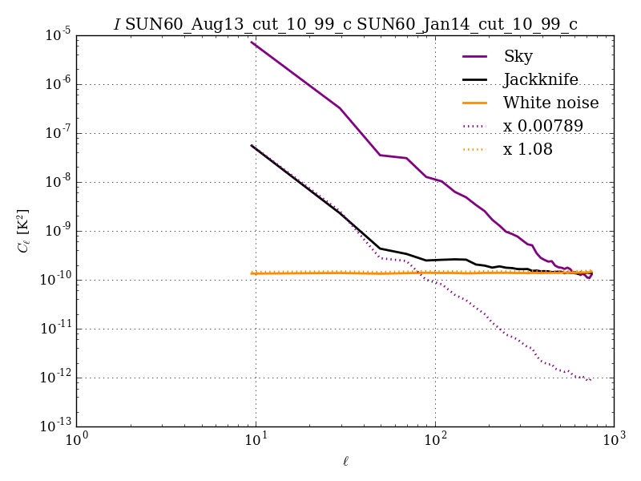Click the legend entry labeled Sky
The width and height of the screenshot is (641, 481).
tap(518, 56)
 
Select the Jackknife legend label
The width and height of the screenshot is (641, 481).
tap(540, 80)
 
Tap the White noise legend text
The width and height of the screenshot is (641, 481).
tap(550, 103)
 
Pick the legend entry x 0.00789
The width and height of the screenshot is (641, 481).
tap(542, 126)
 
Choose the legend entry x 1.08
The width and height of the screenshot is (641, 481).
tap(527, 149)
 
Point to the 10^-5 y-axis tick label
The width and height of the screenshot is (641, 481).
tap(55, 36)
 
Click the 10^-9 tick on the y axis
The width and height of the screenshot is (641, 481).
tap(55, 231)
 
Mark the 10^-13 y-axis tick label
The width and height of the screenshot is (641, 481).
tap(54, 426)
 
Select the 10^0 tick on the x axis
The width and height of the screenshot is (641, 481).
tap(76, 441)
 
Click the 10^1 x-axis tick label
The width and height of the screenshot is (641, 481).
tap(256, 441)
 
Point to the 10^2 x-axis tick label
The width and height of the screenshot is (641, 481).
tap(435, 441)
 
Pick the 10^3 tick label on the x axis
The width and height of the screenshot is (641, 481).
tap(614, 441)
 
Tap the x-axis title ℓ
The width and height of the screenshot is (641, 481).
tap(345, 461)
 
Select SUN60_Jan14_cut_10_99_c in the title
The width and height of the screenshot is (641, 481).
tap(467, 25)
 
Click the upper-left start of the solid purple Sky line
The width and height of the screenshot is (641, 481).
tap(252, 42)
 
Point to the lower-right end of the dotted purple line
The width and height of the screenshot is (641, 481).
tap(591, 381)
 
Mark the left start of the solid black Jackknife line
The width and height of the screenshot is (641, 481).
tap(252, 145)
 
